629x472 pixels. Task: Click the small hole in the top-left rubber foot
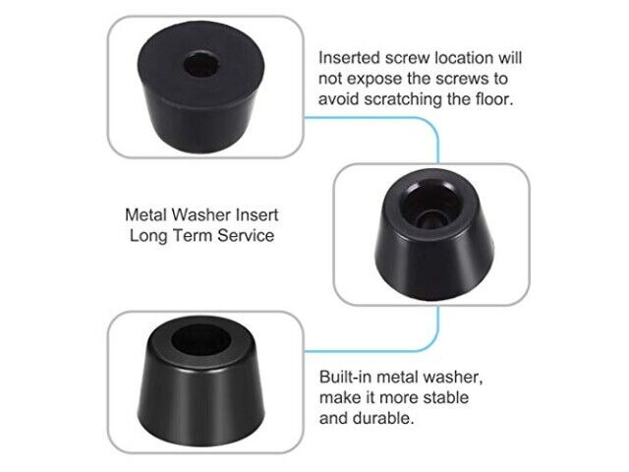tap(201, 64)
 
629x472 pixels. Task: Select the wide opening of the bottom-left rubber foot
tap(200, 340)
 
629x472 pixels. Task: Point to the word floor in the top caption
tap(494, 98)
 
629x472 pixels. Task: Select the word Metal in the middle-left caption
tap(145, 214)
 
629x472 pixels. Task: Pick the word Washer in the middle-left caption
tap(200, 214)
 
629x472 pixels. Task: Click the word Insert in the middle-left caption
tap(257, 214)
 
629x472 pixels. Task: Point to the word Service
tap(246, 236)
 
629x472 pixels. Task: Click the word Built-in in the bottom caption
tap(345, 378)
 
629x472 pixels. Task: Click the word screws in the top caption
tap(464, 79)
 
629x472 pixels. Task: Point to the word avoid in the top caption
tap(339, 98)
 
